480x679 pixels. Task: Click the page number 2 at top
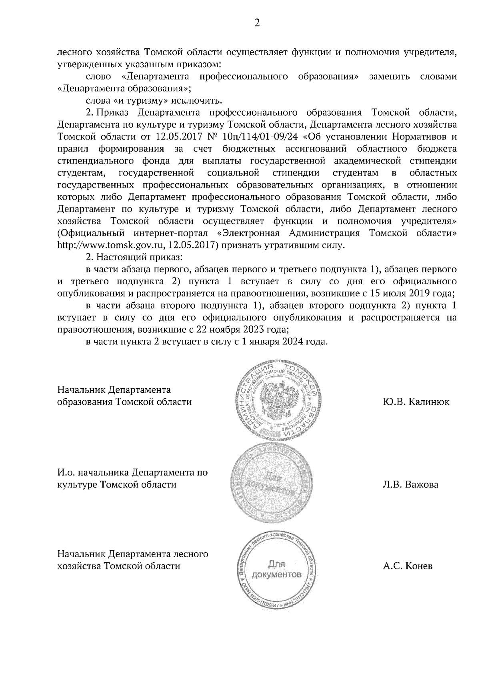click(x=257, y=23)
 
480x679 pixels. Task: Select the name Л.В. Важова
click(x=410, y=485)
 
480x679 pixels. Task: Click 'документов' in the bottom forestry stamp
click(x=276, y=575)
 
